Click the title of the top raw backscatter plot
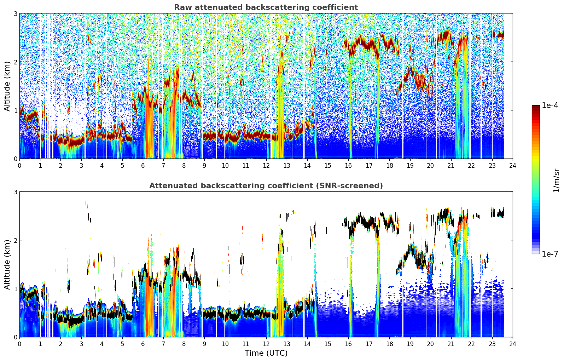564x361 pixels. click(266, 7)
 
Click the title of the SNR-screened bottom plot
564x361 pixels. click(266, 185)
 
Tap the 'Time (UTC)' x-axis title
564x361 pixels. click(266, 353)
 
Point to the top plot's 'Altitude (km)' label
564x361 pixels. click(7, 86)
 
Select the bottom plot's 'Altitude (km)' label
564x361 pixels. click(7, 265)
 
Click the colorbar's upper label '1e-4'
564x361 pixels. click(550, 105)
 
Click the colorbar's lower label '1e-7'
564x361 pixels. click(550, 254)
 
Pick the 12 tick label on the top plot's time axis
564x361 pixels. click(266, 166)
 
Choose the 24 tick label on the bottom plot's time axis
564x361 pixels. click(513, 344)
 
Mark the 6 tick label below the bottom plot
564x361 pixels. click(143, 344)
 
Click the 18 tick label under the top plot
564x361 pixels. click(390, 166)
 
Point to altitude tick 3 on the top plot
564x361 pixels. click(15, 13)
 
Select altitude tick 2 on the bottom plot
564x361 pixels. click(15, 240)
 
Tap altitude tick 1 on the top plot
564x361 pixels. click(15, 110)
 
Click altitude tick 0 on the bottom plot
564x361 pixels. click(15, 337)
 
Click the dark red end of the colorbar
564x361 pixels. click(536, 107)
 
